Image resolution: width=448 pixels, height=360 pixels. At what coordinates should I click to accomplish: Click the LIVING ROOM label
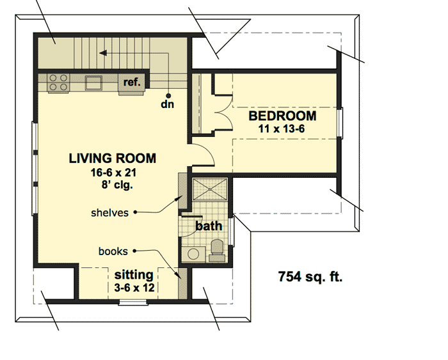point(113,159)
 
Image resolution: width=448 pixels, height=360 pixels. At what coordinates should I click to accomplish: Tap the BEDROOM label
point(282,116)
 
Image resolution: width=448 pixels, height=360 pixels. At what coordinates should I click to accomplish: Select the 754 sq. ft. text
point(310,277)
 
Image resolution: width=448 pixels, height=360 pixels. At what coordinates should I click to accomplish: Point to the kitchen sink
point(93,82)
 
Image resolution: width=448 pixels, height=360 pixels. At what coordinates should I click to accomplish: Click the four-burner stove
point(58,82)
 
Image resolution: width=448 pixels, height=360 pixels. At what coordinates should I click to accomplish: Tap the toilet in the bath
point(217,251)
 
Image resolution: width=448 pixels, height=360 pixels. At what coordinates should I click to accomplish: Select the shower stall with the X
point(210,189)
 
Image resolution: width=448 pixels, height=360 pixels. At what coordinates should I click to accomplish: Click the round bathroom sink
point(193,254)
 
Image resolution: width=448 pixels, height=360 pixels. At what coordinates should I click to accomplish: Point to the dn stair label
point(168,104)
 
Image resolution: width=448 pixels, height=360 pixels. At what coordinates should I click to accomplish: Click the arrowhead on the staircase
point(103,53)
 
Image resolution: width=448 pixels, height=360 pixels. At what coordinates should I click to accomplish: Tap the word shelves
point(109,213)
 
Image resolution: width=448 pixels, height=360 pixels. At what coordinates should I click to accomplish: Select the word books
point(113,251)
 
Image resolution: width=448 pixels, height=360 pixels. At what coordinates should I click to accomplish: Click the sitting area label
point(134,275)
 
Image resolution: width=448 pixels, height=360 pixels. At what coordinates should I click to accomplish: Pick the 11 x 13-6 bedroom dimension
point(282,129)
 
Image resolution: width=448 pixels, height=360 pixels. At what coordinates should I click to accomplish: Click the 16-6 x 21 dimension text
point(113,173)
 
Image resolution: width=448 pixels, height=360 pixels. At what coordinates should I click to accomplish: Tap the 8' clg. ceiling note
point(117,185)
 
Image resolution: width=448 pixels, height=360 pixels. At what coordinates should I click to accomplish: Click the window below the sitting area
point(133,302)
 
